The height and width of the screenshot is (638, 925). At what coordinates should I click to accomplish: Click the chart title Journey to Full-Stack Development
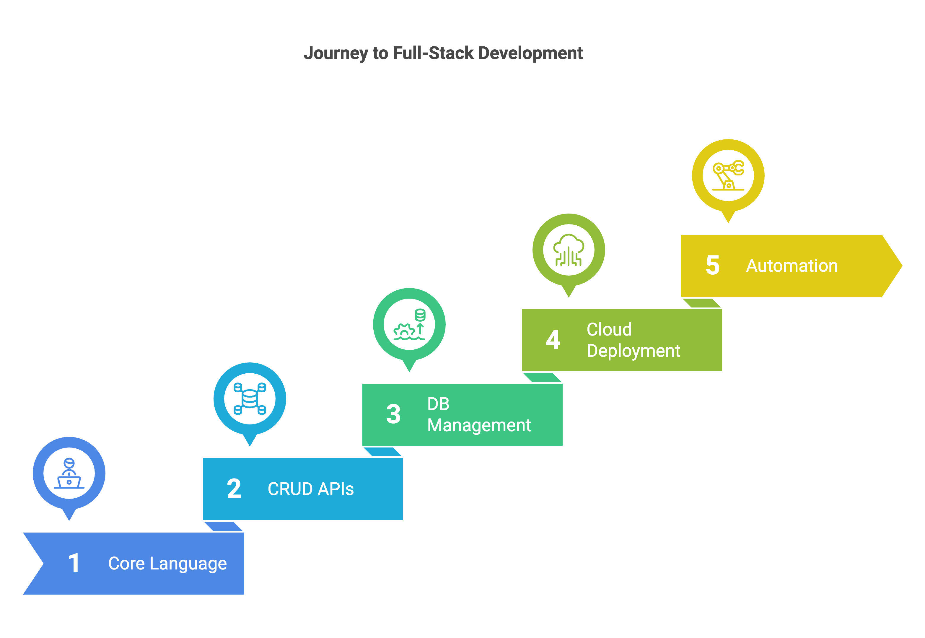tap(443, 53)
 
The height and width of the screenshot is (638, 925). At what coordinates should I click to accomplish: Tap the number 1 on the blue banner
tap(74, 563)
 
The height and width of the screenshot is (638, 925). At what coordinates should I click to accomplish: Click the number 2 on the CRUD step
tap(234, 489)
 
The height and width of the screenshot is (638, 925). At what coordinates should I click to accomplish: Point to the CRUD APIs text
tap(311, 489)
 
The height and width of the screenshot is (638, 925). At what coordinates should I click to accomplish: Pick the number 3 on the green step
tap(393, 414)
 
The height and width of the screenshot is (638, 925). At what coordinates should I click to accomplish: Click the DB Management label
tap(479, 414)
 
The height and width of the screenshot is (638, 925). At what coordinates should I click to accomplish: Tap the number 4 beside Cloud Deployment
tap(553, 340)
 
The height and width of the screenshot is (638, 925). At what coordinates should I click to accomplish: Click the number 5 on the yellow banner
tap(712, 265)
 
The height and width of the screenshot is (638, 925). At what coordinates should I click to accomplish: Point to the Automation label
tap(792, 266)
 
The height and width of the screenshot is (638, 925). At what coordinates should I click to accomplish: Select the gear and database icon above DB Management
tap(409, 325)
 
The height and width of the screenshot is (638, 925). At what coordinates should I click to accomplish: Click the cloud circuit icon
tap(569, 250)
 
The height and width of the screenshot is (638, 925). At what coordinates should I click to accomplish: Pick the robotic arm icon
tap(728, 175)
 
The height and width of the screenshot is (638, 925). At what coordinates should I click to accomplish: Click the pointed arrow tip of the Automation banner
tap(901, 266)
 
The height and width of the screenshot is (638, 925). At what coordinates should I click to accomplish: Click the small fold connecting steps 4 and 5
tap(701, 303)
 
